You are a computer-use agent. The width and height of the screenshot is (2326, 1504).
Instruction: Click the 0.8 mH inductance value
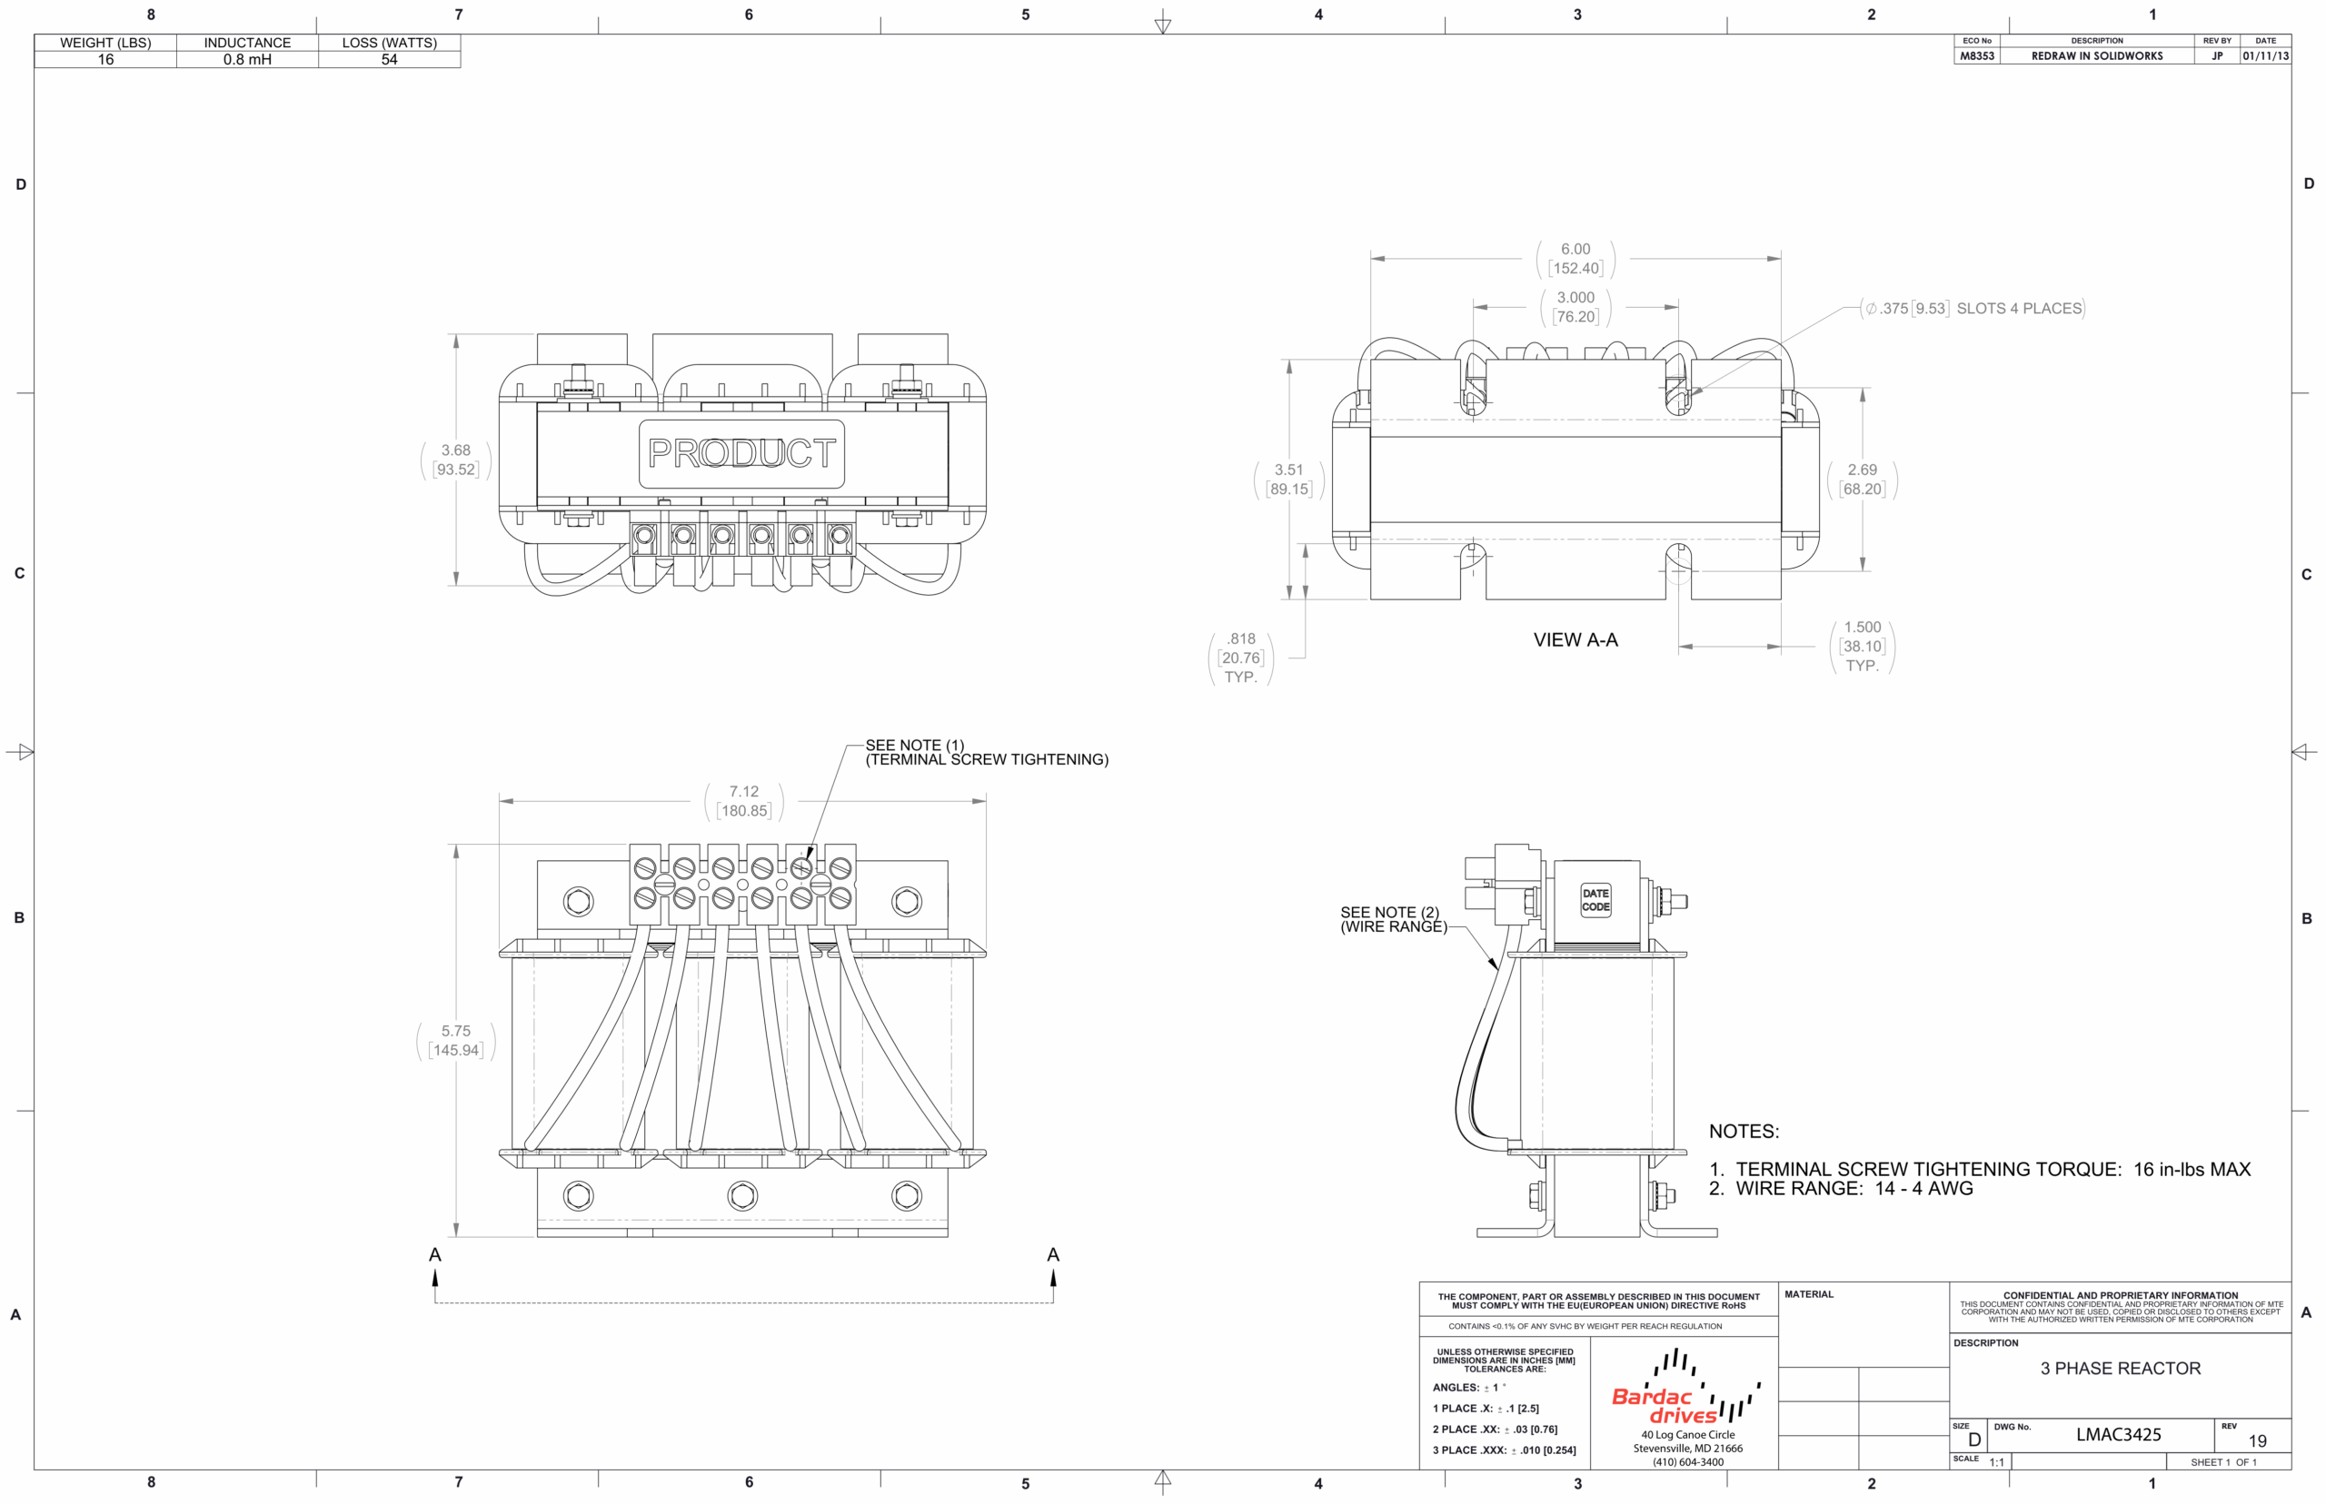click(x=247, y=60)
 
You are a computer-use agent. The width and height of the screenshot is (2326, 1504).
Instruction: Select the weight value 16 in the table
click(x=105, y=60)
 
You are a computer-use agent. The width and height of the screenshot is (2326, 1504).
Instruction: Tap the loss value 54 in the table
click(x=389, y=60)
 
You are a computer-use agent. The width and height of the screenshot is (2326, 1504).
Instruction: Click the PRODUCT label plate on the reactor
click(x=741, y=453)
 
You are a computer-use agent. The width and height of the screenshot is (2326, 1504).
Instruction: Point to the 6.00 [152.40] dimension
click(x=1575, y=259)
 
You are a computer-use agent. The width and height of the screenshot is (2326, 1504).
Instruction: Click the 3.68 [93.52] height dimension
click(x=455, y=460)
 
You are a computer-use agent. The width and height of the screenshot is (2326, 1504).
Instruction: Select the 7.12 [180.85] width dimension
click(x=743, y=801)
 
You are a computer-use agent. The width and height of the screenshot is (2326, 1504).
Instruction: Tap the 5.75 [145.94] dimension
click(x=455, y=1040)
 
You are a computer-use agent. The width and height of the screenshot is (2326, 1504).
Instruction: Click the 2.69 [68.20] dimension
click(x=1862, y=480)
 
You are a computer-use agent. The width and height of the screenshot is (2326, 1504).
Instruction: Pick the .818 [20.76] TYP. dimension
click(x=1240, y=658)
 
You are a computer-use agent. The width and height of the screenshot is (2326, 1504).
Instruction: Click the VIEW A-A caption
click(x=1575, y=639)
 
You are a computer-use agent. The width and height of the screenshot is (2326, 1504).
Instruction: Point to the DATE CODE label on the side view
click(x=1595, y=900)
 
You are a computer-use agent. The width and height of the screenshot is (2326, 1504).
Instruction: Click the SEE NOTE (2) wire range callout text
click(x=1393, y=919)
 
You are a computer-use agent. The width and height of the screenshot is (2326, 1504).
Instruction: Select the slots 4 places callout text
click(x=1973, y=309)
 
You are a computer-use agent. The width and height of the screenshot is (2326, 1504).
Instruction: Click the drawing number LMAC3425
click(x=2118, y=1435)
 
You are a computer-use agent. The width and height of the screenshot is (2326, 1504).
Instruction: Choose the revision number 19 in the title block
click(x=2257, y=1441)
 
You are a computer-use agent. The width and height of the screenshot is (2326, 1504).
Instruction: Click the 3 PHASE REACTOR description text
click(x=2120, y=1369)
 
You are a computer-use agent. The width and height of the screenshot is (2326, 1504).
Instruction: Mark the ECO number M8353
click(x=1977, y=56)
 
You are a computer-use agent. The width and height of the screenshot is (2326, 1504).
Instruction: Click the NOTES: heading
click(x=1744, y=1131)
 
